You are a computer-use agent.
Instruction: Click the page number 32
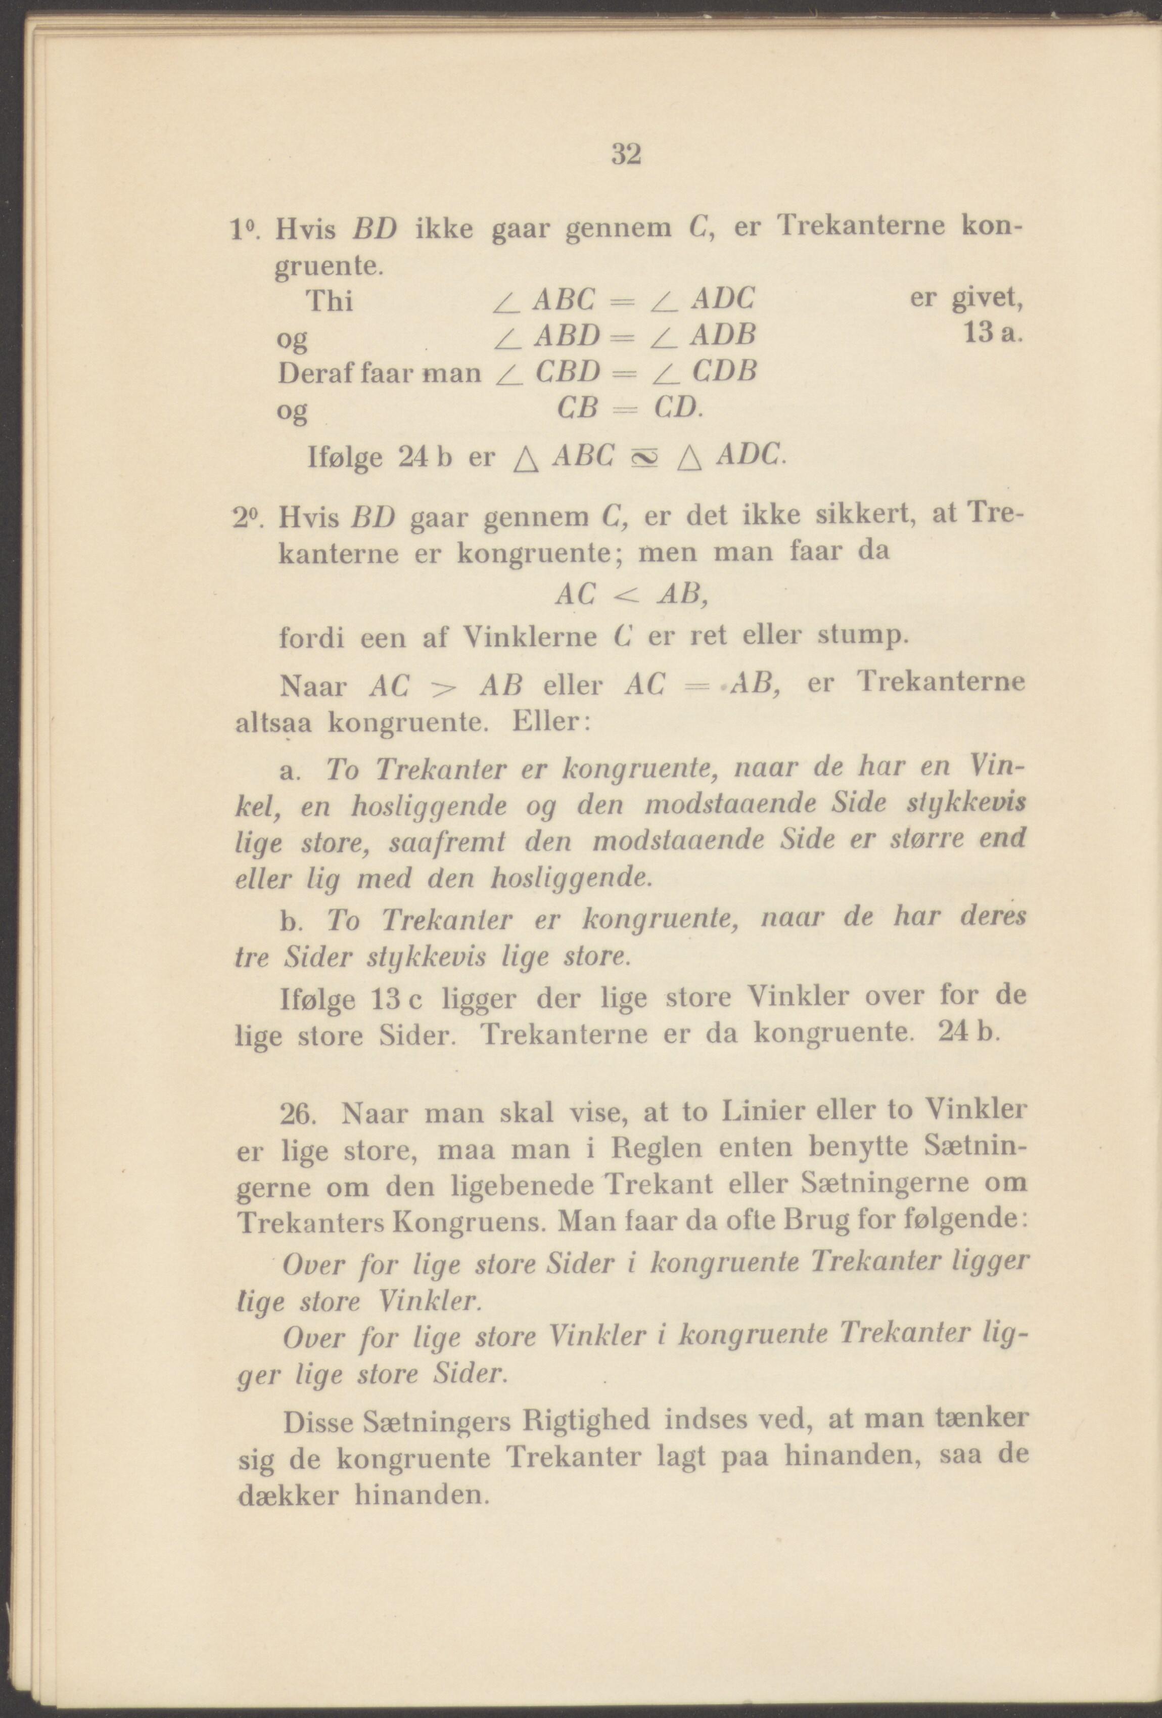625,155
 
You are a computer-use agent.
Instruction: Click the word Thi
329,302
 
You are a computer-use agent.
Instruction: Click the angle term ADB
723,336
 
